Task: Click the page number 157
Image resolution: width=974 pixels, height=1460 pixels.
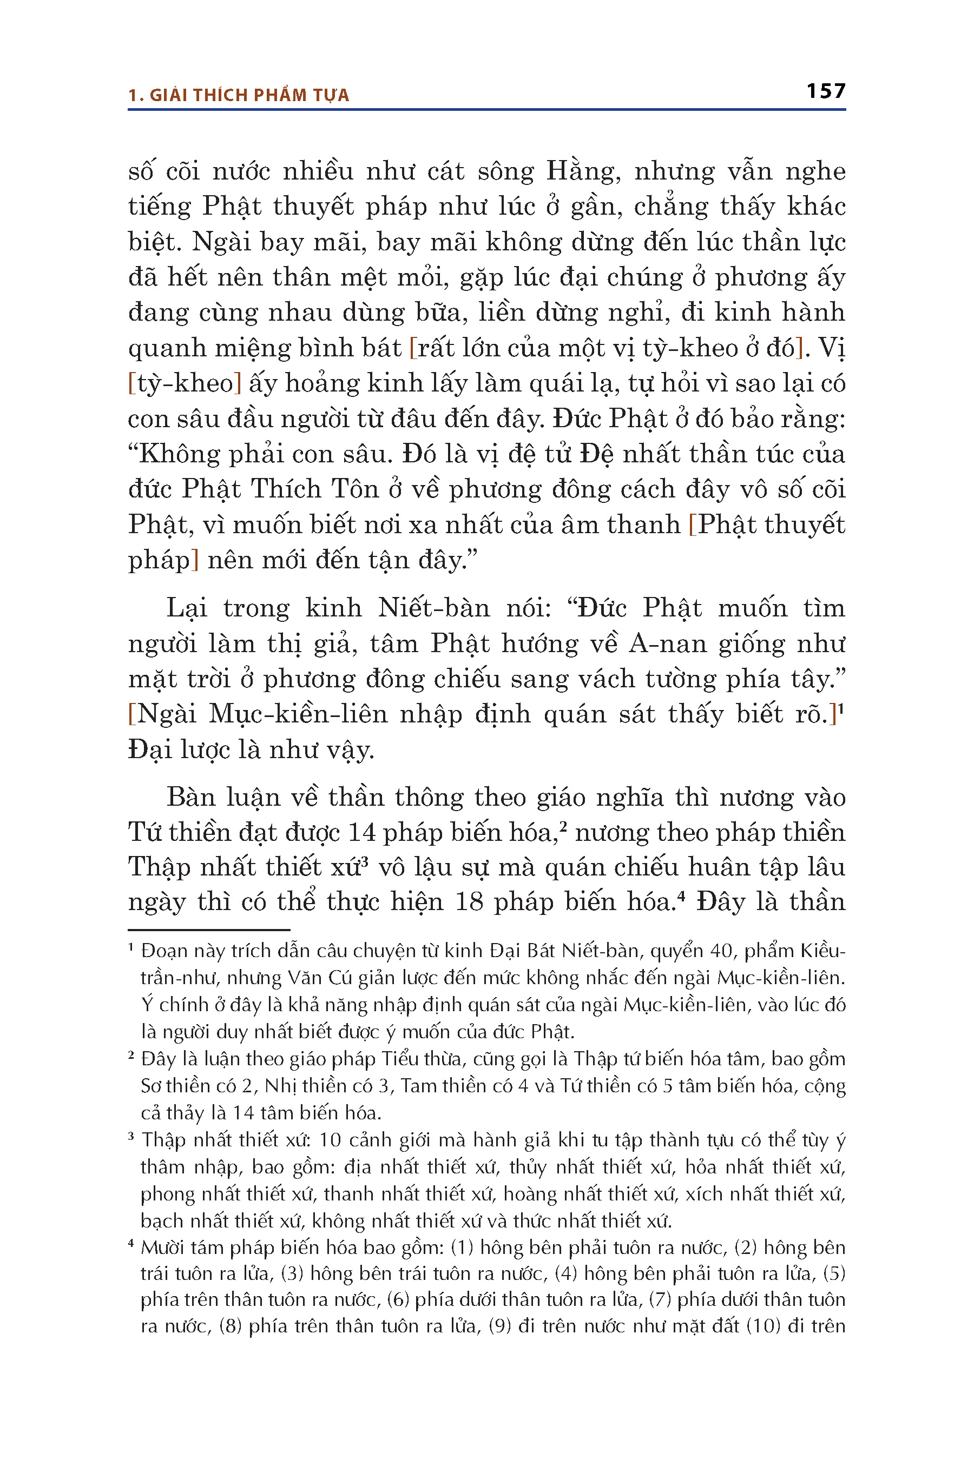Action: click(x=826, y=91)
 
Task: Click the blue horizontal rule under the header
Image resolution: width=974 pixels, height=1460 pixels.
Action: click(x=486, y=110)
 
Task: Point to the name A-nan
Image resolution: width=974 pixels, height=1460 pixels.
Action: click(x=667, y=643)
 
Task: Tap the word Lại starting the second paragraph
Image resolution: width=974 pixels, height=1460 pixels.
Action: click(x=186, y=608)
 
